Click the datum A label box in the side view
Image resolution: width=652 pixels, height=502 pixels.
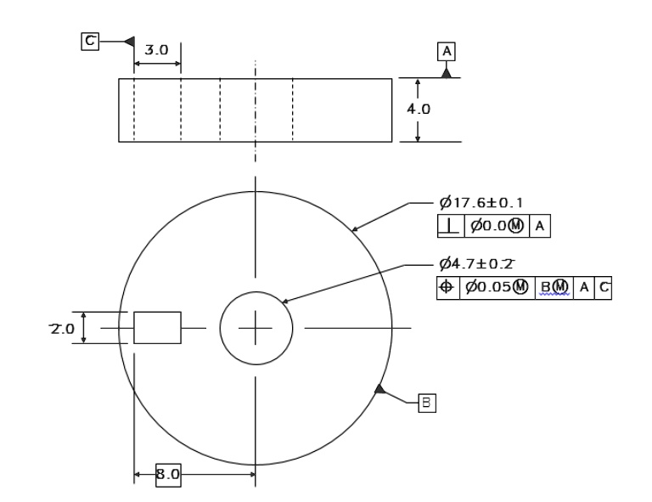point(446,50)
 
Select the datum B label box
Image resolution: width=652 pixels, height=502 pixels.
point(426,403)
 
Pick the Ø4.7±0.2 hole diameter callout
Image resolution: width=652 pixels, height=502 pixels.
point(481,265)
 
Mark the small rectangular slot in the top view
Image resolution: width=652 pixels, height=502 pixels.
point(157,327)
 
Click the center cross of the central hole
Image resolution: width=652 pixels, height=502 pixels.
point(256,327)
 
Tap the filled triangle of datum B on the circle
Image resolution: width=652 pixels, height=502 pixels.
point(381,390)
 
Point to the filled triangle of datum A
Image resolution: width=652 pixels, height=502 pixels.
point(446,73)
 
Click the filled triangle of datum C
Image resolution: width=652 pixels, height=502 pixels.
point(129,40)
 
